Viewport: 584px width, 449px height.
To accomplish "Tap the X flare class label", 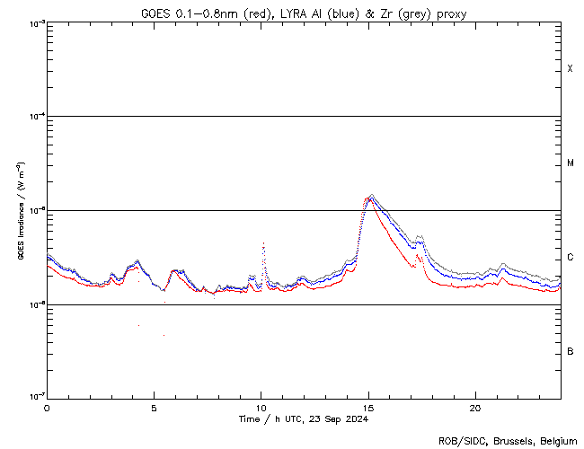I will tap(570, 69).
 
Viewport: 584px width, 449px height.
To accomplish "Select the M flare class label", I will tap(571, 163).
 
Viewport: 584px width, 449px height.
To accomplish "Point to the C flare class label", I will tap(571, 258).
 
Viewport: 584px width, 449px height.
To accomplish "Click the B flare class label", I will tap(571, 351).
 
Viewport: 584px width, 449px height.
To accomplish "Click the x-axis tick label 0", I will tap(47, 407).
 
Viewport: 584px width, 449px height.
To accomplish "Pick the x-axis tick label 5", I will tap(154, 407).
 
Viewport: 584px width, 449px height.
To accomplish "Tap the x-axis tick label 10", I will tap(261, 407).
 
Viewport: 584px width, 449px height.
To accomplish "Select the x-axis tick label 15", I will tap(367, 407).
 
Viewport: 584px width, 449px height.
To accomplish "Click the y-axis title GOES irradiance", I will tap(20, 211).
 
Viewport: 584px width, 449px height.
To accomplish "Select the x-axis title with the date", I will tap(304, 419).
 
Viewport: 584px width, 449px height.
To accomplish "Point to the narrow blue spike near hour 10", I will tap(262, 243).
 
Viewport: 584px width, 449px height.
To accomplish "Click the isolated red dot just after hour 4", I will tap(138, 325).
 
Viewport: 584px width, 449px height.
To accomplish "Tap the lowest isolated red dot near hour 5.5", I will tap(164, 335).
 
